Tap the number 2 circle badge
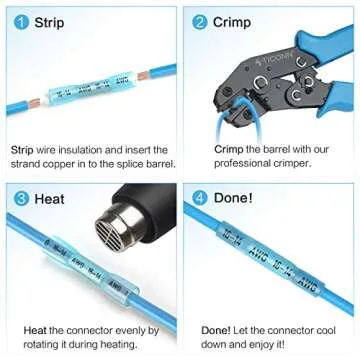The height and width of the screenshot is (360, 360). (x=199, y=21)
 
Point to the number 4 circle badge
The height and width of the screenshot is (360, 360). (x=199, y=198)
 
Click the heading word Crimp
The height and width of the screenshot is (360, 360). (x=234, y=21)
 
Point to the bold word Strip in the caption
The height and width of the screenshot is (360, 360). (x=22, y=149)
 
